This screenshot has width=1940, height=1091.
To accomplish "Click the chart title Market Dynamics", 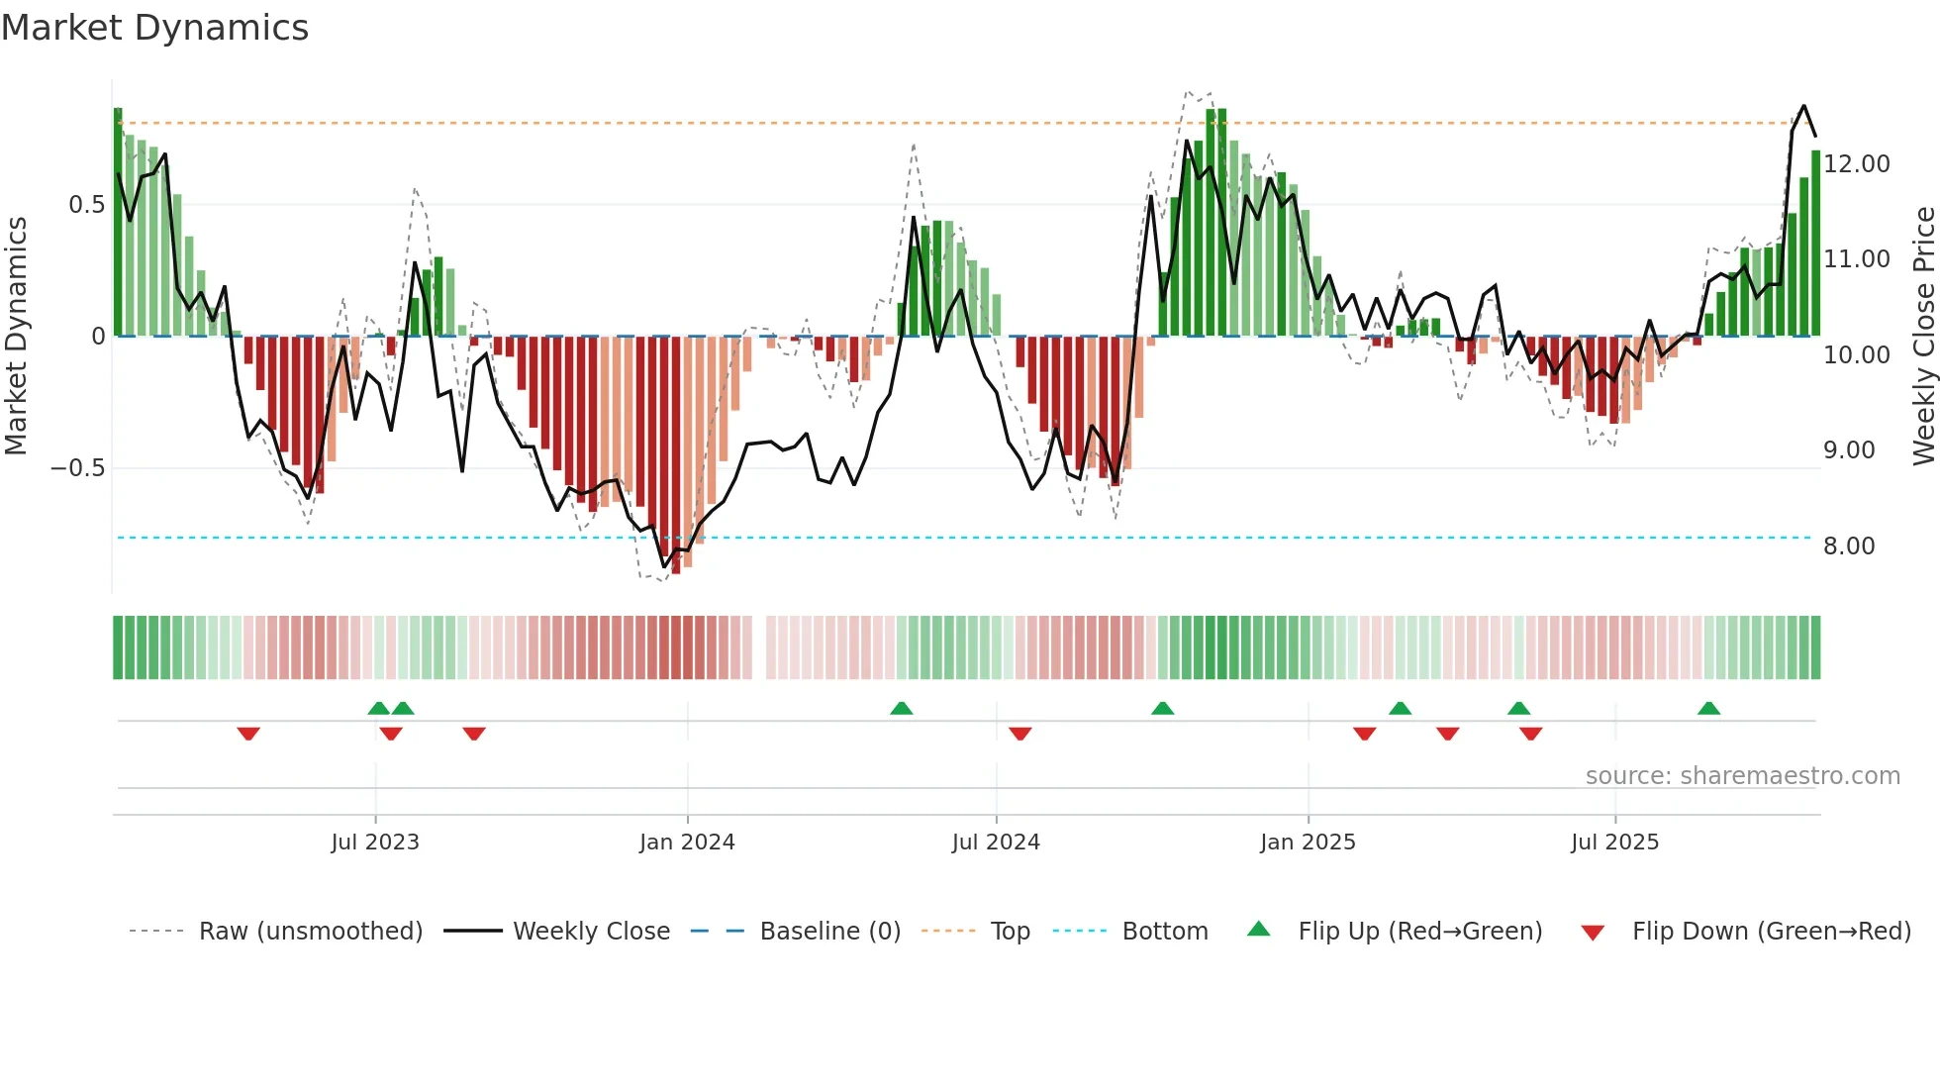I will click(x=154, y=28).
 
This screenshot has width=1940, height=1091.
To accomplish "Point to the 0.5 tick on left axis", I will click(x=86, y=205).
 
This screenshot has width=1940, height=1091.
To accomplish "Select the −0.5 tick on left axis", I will click(x=78, y=468).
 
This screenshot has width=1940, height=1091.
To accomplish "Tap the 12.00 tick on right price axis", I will click(x=1857, y=164).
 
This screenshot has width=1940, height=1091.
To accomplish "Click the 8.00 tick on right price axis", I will click(x=1849, y=546).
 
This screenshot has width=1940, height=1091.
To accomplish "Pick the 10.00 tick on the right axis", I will click(x=1857, y=355).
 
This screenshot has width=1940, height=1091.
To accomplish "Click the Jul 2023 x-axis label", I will click(x=375, y=843).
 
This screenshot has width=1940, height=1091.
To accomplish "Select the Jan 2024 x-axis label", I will click(x=687, y=843).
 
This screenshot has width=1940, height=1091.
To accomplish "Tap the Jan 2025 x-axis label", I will click(x=1308, y=843).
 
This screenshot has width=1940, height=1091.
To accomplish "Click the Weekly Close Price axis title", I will click(x=1923, y=336).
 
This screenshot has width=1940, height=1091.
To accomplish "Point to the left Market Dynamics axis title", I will click(x=16, y=336).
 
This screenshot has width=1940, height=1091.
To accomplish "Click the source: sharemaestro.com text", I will click(x=1742, y=776).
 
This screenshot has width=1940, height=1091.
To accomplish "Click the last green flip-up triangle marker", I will click(x=1708, y=709).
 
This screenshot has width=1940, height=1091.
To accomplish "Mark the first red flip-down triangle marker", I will click(x=248, y=733).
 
